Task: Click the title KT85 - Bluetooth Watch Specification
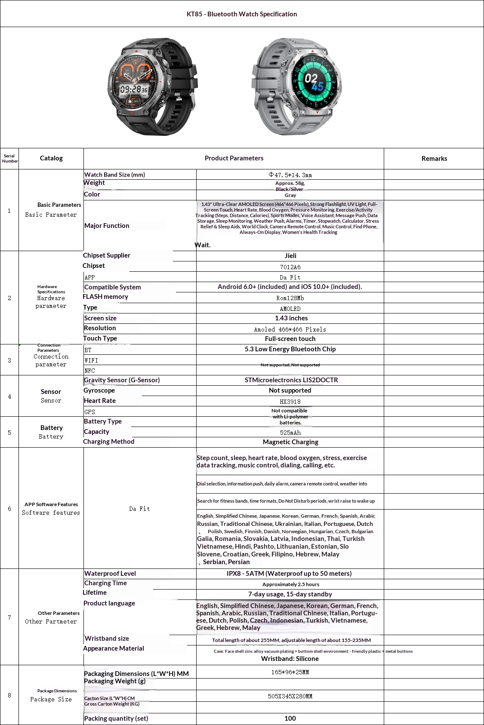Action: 242,14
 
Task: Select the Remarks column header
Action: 434,159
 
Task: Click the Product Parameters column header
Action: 234,158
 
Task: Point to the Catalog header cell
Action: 51,158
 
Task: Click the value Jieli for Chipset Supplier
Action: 290,256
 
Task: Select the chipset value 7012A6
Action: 290,267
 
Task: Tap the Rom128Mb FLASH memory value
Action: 290,298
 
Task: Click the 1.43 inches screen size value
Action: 291,318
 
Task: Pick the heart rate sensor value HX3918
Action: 290,402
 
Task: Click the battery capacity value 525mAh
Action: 290,433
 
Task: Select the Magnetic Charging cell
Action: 290,442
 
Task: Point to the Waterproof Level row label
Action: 110,574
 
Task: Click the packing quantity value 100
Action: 290,719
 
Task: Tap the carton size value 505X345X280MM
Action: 290,696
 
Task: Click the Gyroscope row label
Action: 99,390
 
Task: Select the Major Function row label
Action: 107,226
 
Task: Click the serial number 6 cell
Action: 9,509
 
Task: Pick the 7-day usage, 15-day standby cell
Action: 290,594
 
